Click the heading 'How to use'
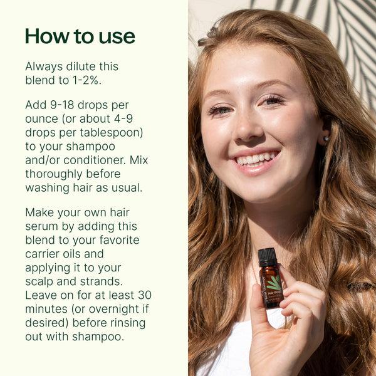point(80,36)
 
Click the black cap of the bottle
point(268,256)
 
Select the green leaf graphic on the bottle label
point(274,283)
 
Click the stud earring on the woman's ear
point(326,139)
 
